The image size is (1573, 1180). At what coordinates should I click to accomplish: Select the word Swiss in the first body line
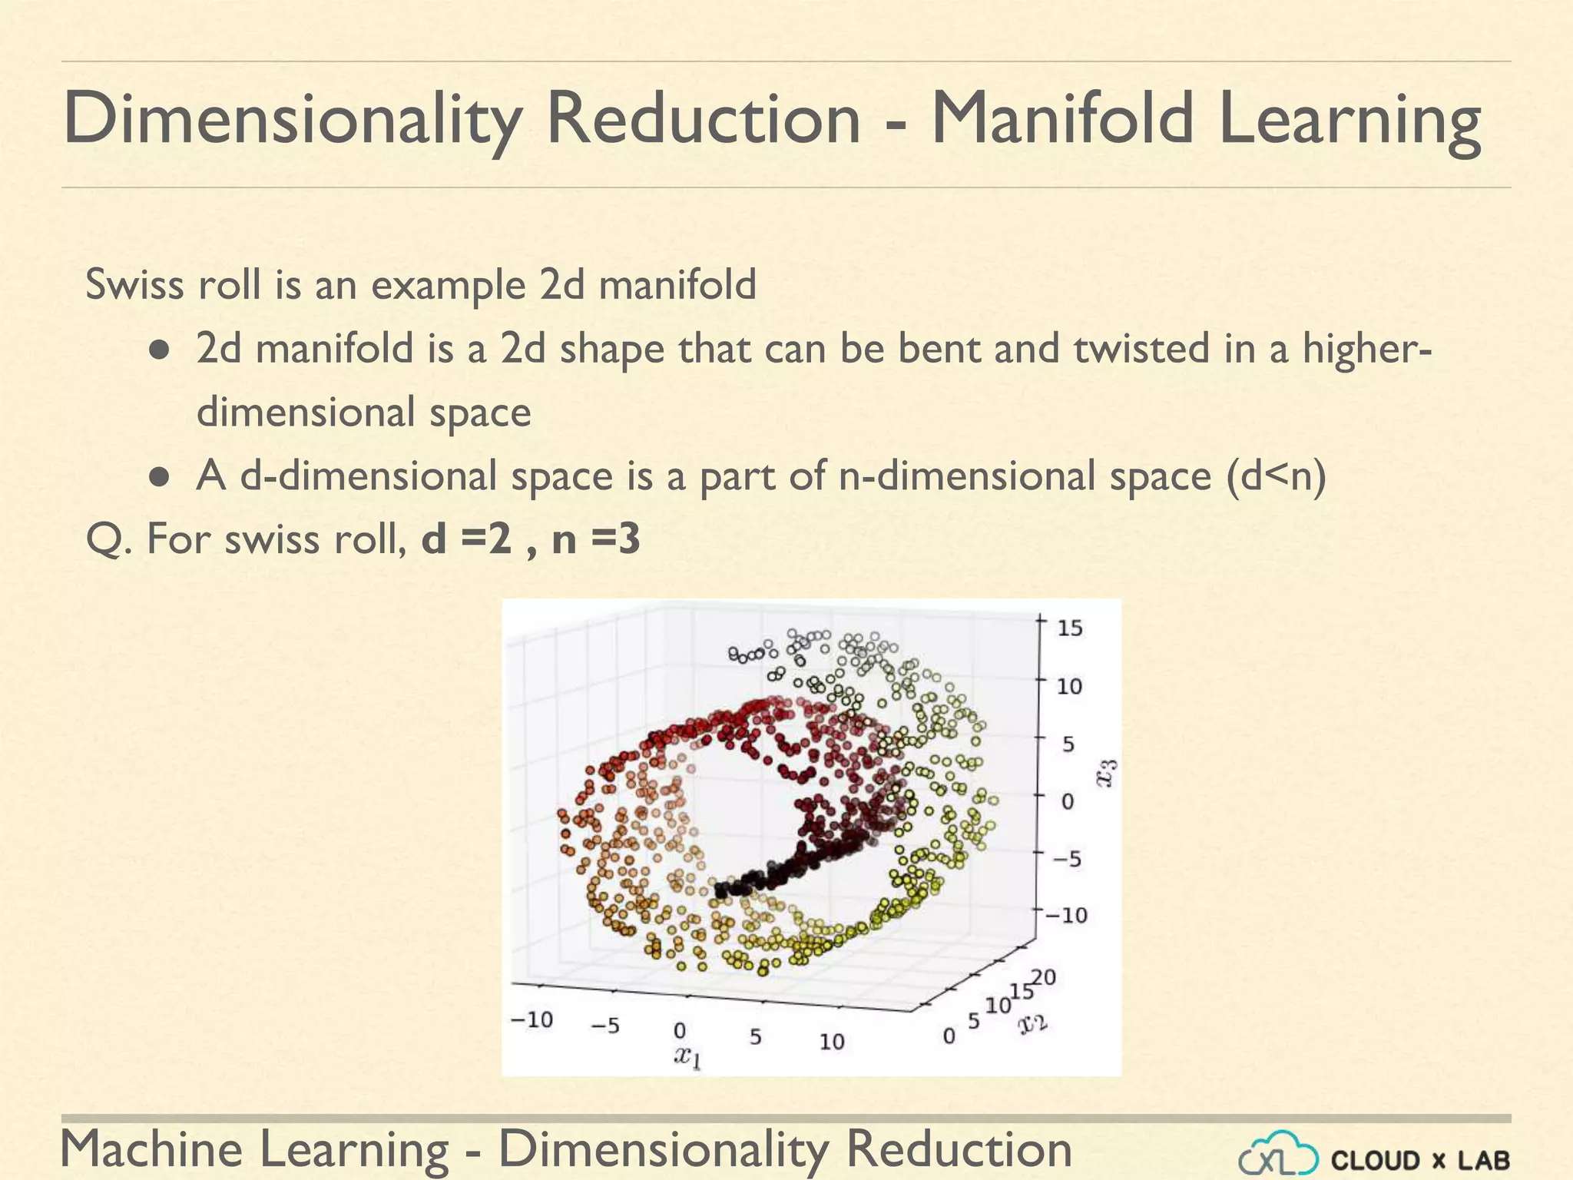[134, 284]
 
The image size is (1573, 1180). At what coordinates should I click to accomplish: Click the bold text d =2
[466, 539]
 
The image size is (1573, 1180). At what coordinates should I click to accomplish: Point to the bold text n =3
[596, 539]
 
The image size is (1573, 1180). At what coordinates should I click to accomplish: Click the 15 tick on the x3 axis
[1069, 628]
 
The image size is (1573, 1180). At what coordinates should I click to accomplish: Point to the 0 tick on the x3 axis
[1067, 801]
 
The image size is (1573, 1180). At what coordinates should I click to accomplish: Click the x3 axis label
[1107, 773]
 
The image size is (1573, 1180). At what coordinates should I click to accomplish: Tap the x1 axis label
[687, 1057]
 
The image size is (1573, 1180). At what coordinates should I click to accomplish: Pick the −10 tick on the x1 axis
[532, 1019]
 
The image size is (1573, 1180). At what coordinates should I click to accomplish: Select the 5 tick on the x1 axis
[755, 1037]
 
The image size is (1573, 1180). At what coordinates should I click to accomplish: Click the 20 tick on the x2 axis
[1044, 977]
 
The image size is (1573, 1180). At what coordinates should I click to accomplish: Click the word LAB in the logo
[1484, 1160]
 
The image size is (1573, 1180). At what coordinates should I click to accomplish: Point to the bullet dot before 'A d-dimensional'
[159, 477]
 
